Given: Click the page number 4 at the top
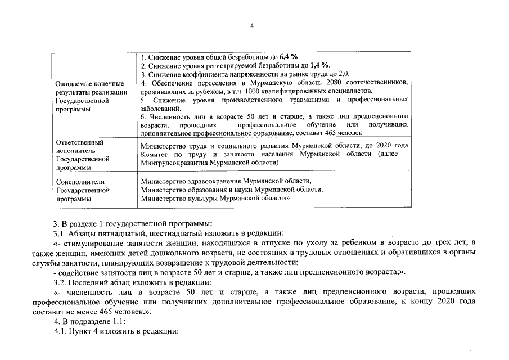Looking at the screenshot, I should click(x=252, y=26).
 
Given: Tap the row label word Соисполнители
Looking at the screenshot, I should click(x=80, y=182).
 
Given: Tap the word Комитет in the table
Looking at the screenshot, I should click(x=155, y=154).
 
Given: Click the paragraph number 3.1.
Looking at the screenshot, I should click(x=60, y=233).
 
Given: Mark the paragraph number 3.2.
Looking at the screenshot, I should click(x=60, y=281).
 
